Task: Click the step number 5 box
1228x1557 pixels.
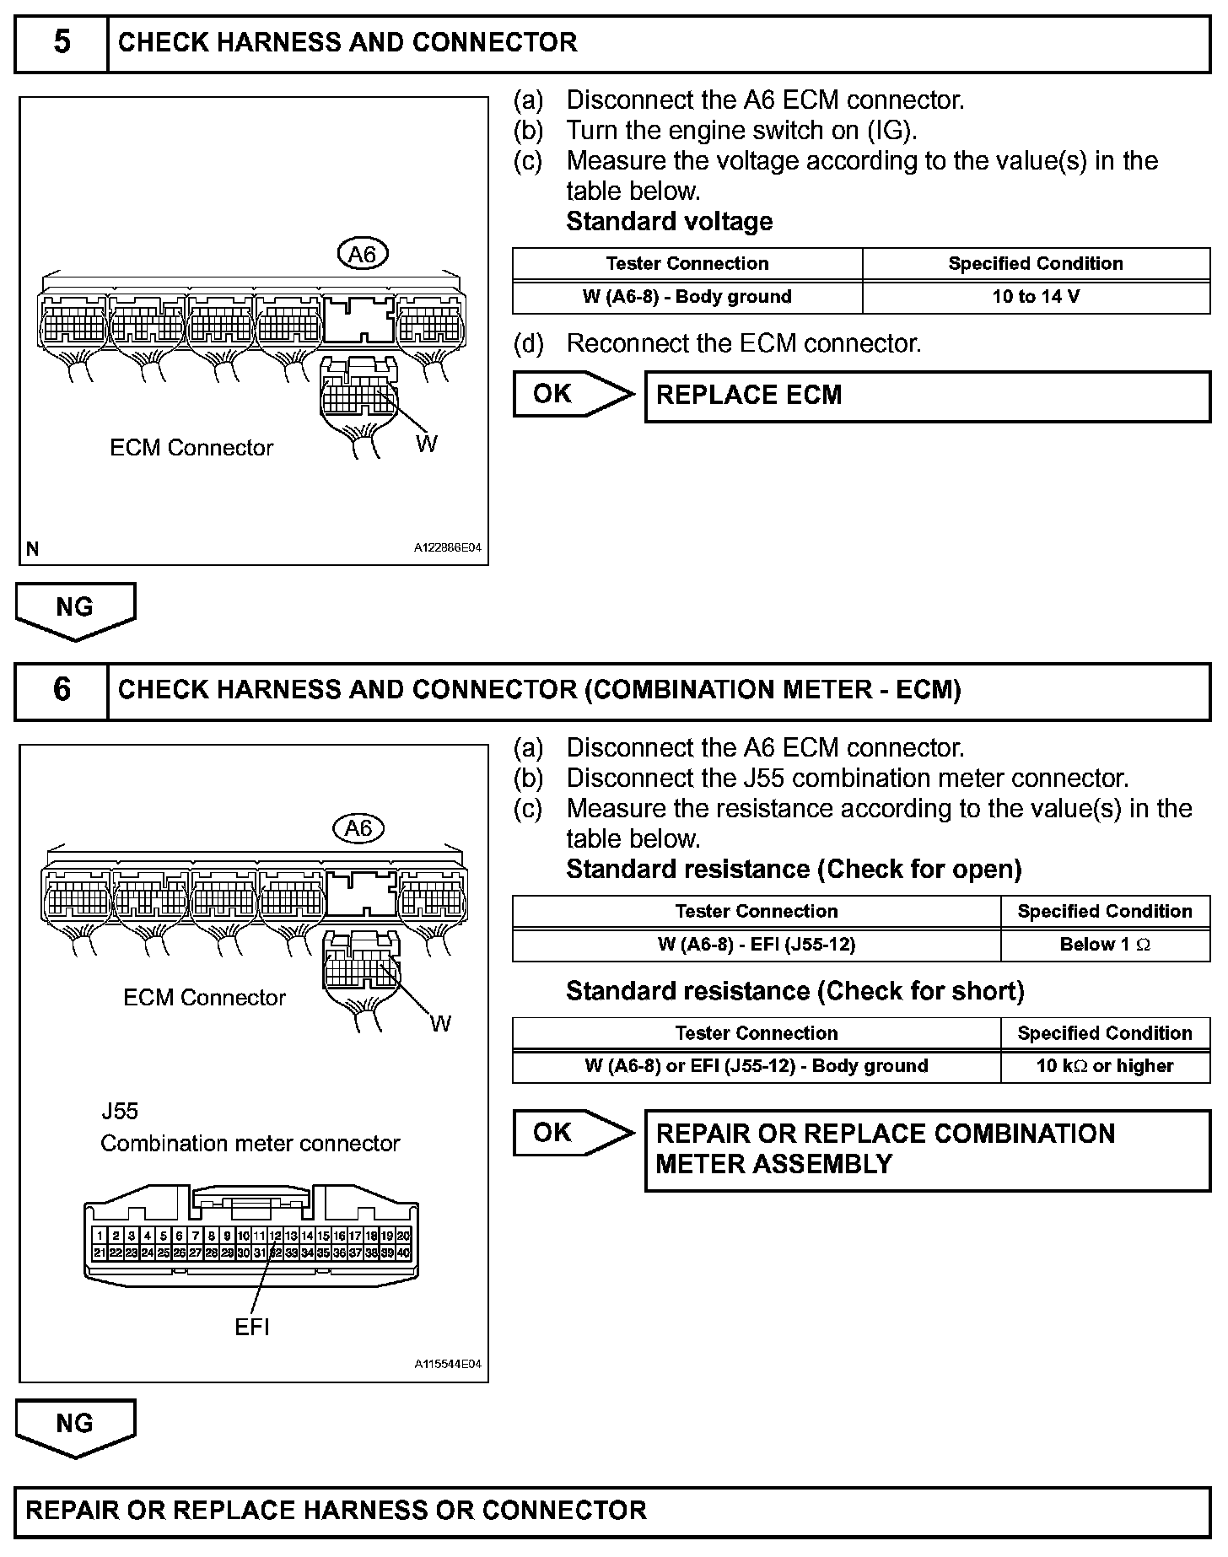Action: tap(62, 42)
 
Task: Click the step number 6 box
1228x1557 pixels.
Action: tap(62, 690)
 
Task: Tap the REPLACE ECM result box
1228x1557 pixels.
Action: tap(927, 396)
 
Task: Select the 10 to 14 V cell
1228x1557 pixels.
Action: tap(1036, 297)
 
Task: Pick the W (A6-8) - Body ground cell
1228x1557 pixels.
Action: tap(687, 297)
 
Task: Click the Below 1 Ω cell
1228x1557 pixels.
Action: tap(1105, 945)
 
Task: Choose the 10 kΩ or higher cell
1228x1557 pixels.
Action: tap(1105, 1066)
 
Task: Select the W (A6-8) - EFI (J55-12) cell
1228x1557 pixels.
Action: tap(756, 945)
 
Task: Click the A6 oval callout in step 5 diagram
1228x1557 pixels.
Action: tap(362, 254)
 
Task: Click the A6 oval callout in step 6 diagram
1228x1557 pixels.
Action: tap(358, 828)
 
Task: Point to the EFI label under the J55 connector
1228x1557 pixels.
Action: tap(252, 1327)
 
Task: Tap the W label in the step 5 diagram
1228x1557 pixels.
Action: tap(427, 444)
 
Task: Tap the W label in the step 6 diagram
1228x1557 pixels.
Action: tap(440, 1023)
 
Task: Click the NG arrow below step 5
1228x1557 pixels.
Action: tap(75, 609)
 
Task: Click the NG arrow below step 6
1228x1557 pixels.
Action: tap(75, 1425)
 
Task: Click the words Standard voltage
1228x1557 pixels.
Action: tap(669, 222)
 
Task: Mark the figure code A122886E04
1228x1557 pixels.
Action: tap(447, 548)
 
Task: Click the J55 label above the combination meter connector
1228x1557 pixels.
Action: tap(119, 1111)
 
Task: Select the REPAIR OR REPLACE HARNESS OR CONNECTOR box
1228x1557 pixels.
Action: tap(612, 1510)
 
